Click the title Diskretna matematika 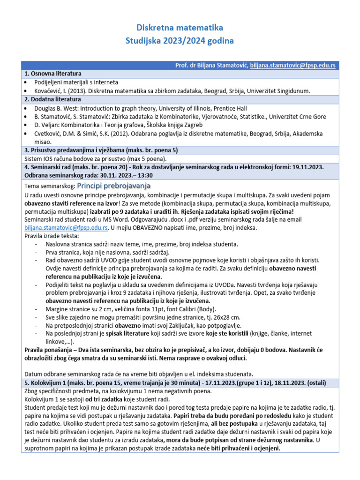180,28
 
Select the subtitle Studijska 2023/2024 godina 180,41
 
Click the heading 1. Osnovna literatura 52,74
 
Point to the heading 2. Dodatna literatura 52,99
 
